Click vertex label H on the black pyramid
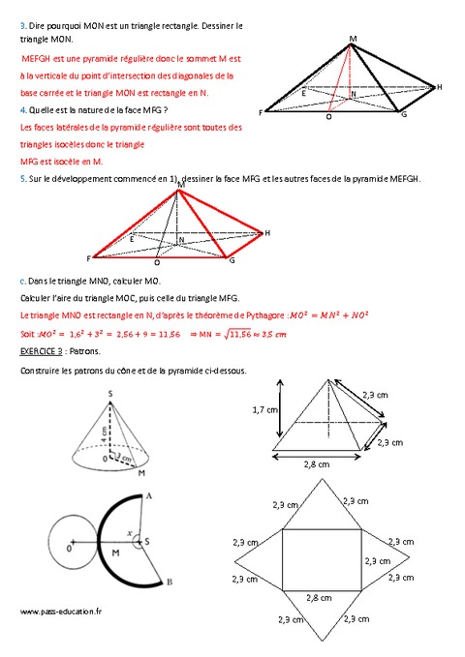(x=440, y=87)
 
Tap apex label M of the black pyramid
(x=353, y=39)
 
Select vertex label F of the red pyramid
(x=89, y=258)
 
